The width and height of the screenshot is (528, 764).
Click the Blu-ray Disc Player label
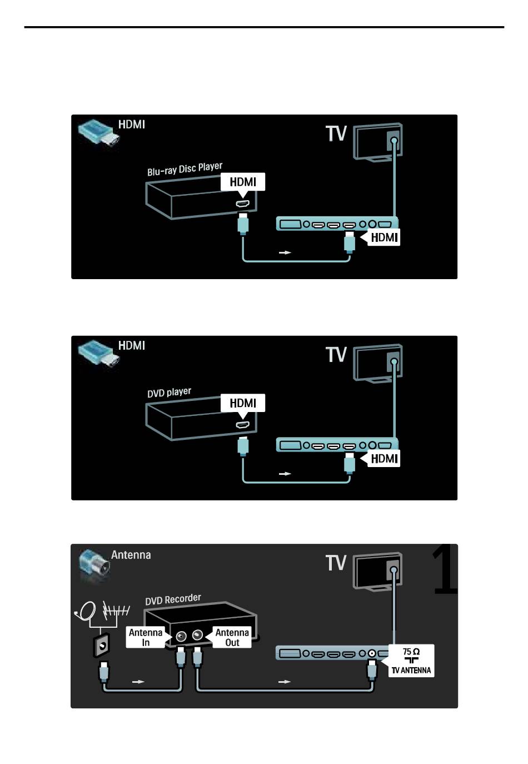(x=185, y=169)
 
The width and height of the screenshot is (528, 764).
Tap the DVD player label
(x=169, y=393)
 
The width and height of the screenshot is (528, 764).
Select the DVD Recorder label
(x=173, y=599)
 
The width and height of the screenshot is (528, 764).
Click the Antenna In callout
(x=146, y=637)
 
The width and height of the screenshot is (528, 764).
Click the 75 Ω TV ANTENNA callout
(x=411, y=661)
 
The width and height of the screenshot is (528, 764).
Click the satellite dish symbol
(x=85, y=612)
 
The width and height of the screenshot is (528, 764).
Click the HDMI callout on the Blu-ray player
(x=243, y=183)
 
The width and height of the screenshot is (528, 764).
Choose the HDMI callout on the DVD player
(x=243, y=404)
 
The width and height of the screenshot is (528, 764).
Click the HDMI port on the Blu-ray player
(x=242, y=204)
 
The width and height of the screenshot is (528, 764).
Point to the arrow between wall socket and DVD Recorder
(x=138, y=682)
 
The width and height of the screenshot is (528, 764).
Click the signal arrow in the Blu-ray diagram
(x=285, y=253)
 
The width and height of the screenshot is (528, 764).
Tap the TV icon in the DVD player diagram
(x=378, y=364)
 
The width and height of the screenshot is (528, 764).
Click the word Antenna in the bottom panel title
(x=131, y=555)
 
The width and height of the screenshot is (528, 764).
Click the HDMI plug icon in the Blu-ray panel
(x=99, y=133)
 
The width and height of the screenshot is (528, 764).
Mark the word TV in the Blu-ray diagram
(x=336, y=133)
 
